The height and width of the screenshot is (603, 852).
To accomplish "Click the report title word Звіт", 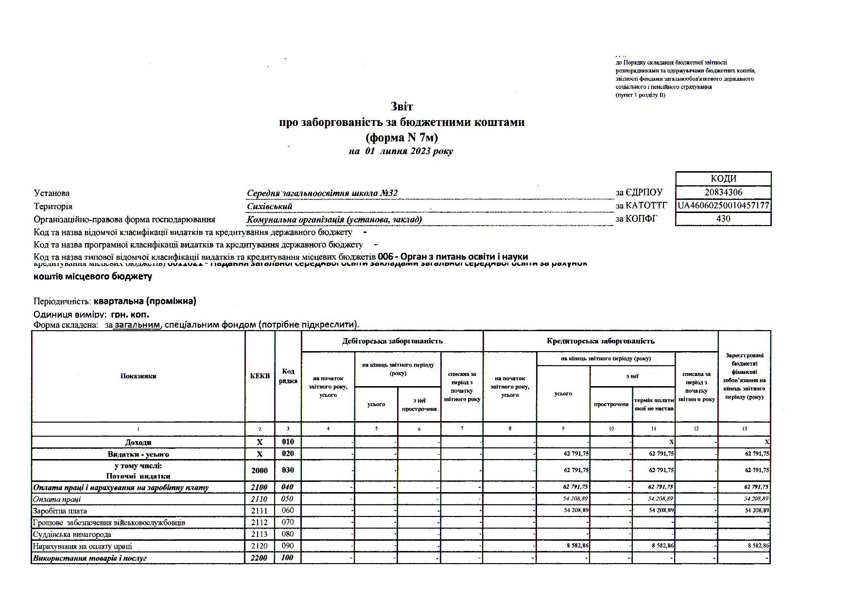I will (x=401, y=106).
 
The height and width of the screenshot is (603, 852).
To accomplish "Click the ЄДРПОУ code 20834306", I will (x=723, y=192).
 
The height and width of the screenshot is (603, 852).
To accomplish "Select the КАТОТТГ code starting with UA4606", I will (x=723, y=206).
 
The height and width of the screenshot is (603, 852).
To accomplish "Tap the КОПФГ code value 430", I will (x=723, y=218).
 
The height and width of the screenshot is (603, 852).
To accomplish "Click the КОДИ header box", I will (x=723, y=178).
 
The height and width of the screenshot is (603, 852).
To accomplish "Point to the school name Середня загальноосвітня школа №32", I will (x=322, y=194).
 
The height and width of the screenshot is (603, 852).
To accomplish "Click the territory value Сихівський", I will (x=270, y=206).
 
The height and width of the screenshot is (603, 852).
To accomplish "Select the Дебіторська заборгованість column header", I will (x=392, y=341).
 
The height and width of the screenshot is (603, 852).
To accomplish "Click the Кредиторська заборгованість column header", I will (x=600, y=341).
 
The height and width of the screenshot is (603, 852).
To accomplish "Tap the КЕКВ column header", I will (x=260, y=376).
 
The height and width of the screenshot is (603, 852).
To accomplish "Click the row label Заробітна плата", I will (x=60, y=511).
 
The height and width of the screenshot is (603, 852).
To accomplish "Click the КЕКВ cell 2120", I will (x=260, y=546).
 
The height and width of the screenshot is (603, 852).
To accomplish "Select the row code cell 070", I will (x=288, y=523).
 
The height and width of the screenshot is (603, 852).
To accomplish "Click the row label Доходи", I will (x=138, y=443).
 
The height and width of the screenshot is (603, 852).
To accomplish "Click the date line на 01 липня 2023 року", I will (x=401, y=151).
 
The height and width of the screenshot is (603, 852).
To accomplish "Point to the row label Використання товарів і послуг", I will (x=89, y=558).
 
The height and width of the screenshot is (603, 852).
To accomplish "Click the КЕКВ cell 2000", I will (x=260, y=470).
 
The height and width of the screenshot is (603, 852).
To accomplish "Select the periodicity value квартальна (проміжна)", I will (x=145, y=301).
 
